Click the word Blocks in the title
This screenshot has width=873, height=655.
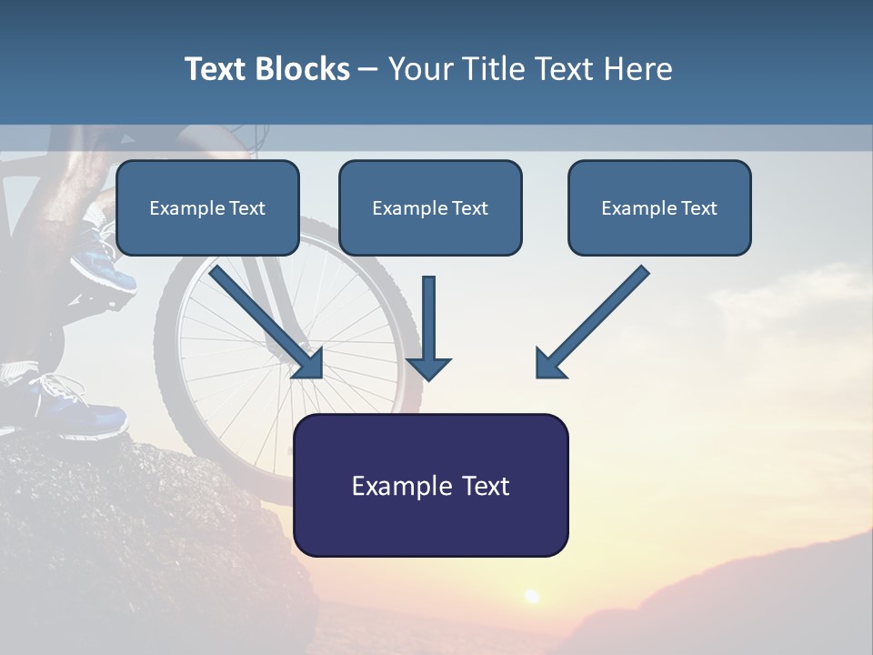[x=303, y=69]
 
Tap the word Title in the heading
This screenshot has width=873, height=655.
[x=493, y=69]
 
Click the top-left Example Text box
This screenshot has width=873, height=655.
[x=207, y=207]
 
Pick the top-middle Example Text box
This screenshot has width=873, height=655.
[x=430, y=207]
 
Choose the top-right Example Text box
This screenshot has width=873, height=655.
[x=660, y=207]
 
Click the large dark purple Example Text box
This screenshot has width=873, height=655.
[x=431, y=485]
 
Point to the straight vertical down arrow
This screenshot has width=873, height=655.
[x=428, y=328]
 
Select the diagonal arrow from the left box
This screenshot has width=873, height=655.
[x=266, y=322]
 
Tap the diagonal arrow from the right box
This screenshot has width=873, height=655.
[x=593, y=322]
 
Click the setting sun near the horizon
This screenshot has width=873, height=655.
[x=532, y=597]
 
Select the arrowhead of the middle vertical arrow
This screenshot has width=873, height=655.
[x=428, y=368]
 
